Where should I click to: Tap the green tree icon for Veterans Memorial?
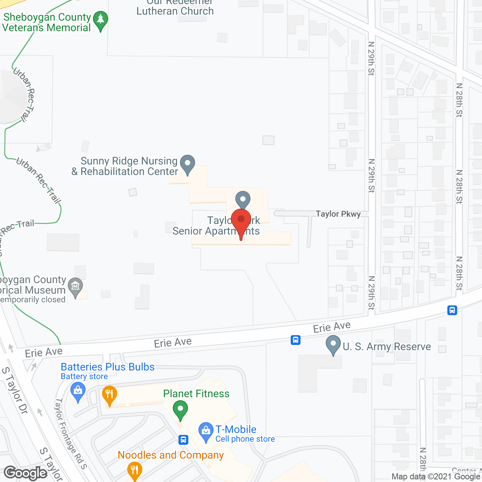point(101,20)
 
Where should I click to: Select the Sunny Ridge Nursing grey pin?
point(188,164)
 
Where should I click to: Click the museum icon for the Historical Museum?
point(75,287)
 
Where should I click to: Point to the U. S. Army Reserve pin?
point(333,345)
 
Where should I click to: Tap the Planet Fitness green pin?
point(180,409)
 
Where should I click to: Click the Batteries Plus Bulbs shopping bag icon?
point(78,391)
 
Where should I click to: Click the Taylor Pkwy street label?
point(338,214)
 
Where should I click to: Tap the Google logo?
point(26,473)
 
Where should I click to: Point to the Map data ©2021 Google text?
point(436,477)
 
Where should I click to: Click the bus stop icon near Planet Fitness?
point(183,439)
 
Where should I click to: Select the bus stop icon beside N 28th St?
point(452,310)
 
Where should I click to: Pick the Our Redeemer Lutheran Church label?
point(175,8)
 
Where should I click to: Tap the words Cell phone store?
point(245,439)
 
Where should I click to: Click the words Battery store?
point(84,377)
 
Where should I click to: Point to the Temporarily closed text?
point(33,300)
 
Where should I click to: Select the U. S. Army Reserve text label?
point(387,346)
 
